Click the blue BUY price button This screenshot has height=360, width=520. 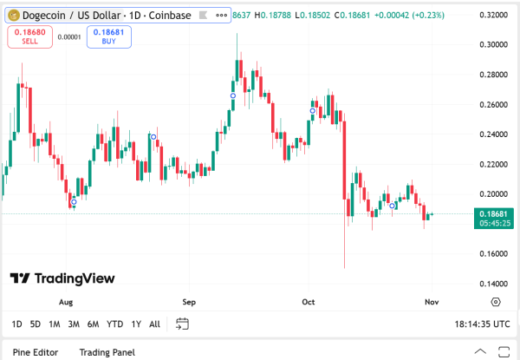(x=109, y=36)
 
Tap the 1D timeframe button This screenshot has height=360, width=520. (x=17, y=324)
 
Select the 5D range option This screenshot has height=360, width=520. (x=36, y=324)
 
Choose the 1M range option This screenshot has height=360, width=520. (x=54, y=324)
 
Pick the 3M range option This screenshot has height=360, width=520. (x=74, y=324)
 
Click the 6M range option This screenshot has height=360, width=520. (x=93, y=324)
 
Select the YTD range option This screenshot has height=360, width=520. (x=114, y=324)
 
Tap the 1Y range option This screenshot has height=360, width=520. (x=136, y=324)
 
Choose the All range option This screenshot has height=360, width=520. (x=154, y=324)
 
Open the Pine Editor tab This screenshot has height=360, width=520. (x=35, y=352)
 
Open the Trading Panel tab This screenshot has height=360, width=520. (x=107, y=352)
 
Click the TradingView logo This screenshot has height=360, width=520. (x=62, y=278)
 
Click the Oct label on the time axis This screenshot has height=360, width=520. (x=309, y=302)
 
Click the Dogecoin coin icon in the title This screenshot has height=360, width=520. (x=14, y=16)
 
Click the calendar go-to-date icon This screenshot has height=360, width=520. (x=182, y=324)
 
